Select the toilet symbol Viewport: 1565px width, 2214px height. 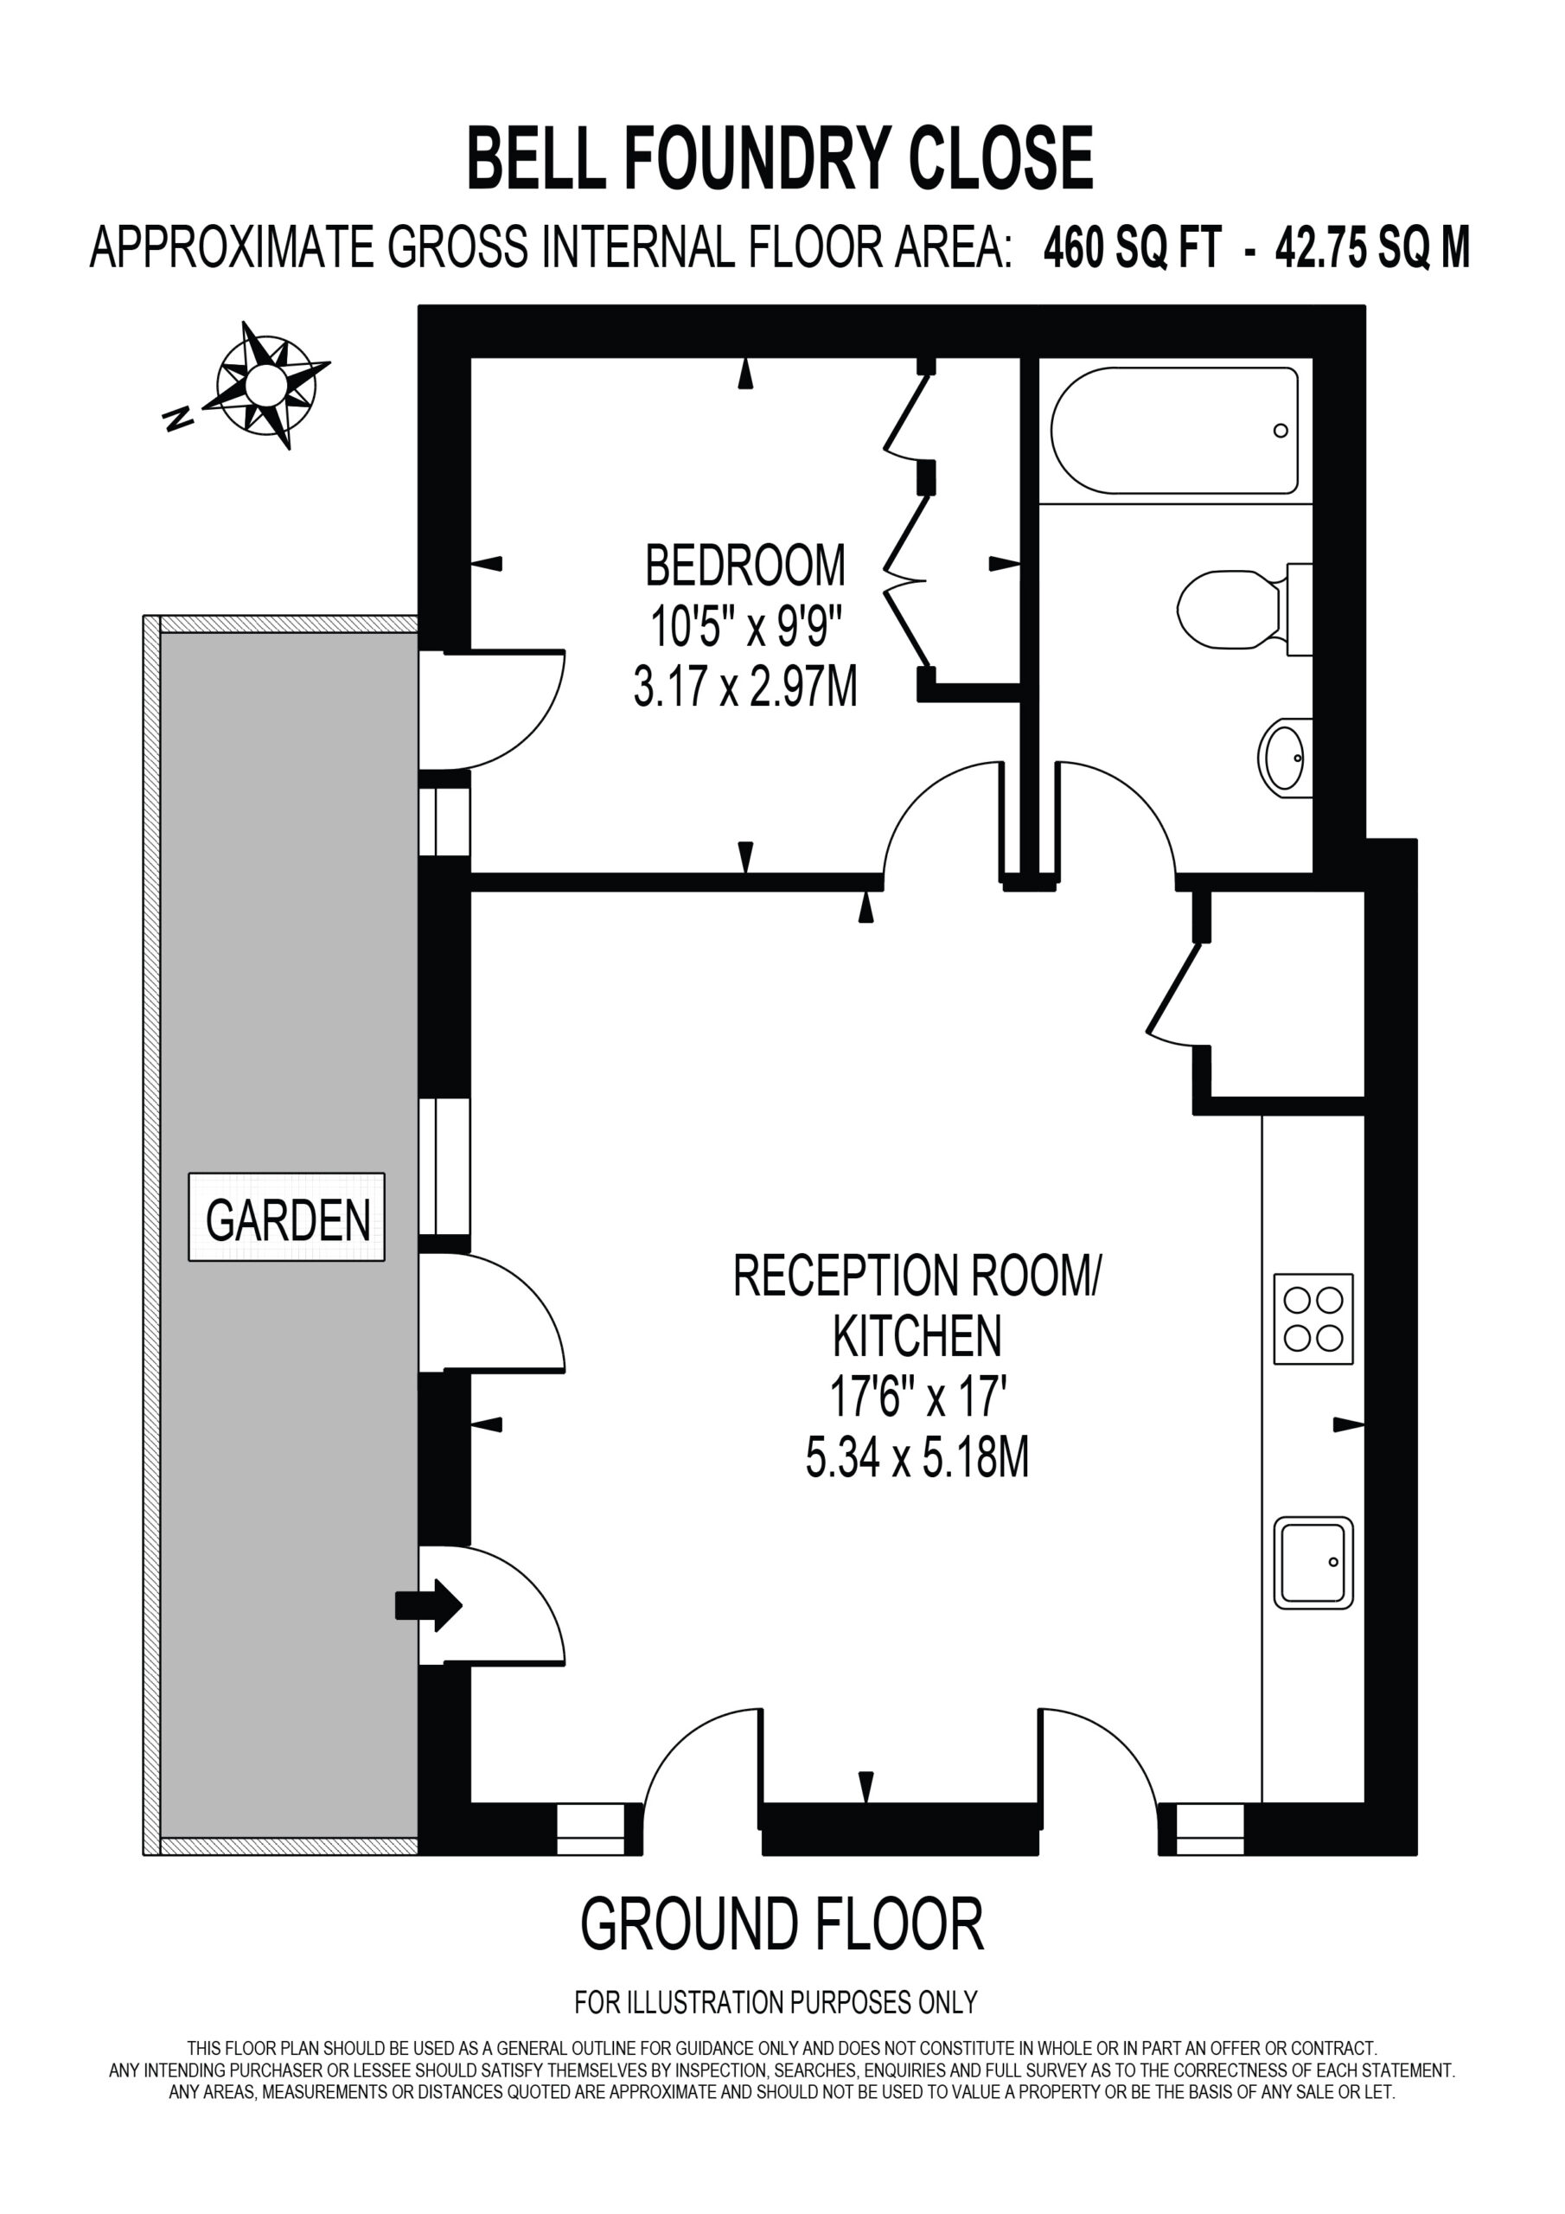[1244, 610]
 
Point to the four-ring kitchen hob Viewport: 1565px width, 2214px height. [1313, 1319]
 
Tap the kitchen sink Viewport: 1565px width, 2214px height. [1313, 1563]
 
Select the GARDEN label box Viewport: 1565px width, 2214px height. [286, 1217]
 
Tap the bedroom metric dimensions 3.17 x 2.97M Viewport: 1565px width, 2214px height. [744, 688]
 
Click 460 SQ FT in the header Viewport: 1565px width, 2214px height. [1132, 248]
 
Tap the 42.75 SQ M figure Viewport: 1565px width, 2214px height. [1372, 248]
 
